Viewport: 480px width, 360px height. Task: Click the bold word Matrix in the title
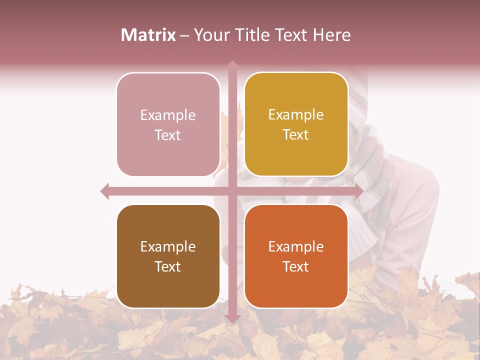coord(148,35)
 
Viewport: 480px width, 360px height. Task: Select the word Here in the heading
coord(331,35)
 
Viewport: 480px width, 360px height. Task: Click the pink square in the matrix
coord(168,124)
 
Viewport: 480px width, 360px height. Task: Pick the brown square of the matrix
coord(168,256)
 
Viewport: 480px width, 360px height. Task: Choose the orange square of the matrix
coord(296,256)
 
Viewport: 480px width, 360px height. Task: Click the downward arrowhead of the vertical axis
coord(232,318)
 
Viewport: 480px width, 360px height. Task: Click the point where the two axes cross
coord(232,191)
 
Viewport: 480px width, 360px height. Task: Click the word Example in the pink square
coord(168,115)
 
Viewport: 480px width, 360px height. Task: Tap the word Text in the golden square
coord(296,135)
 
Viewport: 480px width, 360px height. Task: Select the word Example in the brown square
coord(168,247)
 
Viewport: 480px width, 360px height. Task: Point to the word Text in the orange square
coord(296,267)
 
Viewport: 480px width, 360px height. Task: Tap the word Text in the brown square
coord(168,267)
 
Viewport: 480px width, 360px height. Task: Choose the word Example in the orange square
coord(296,247)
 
